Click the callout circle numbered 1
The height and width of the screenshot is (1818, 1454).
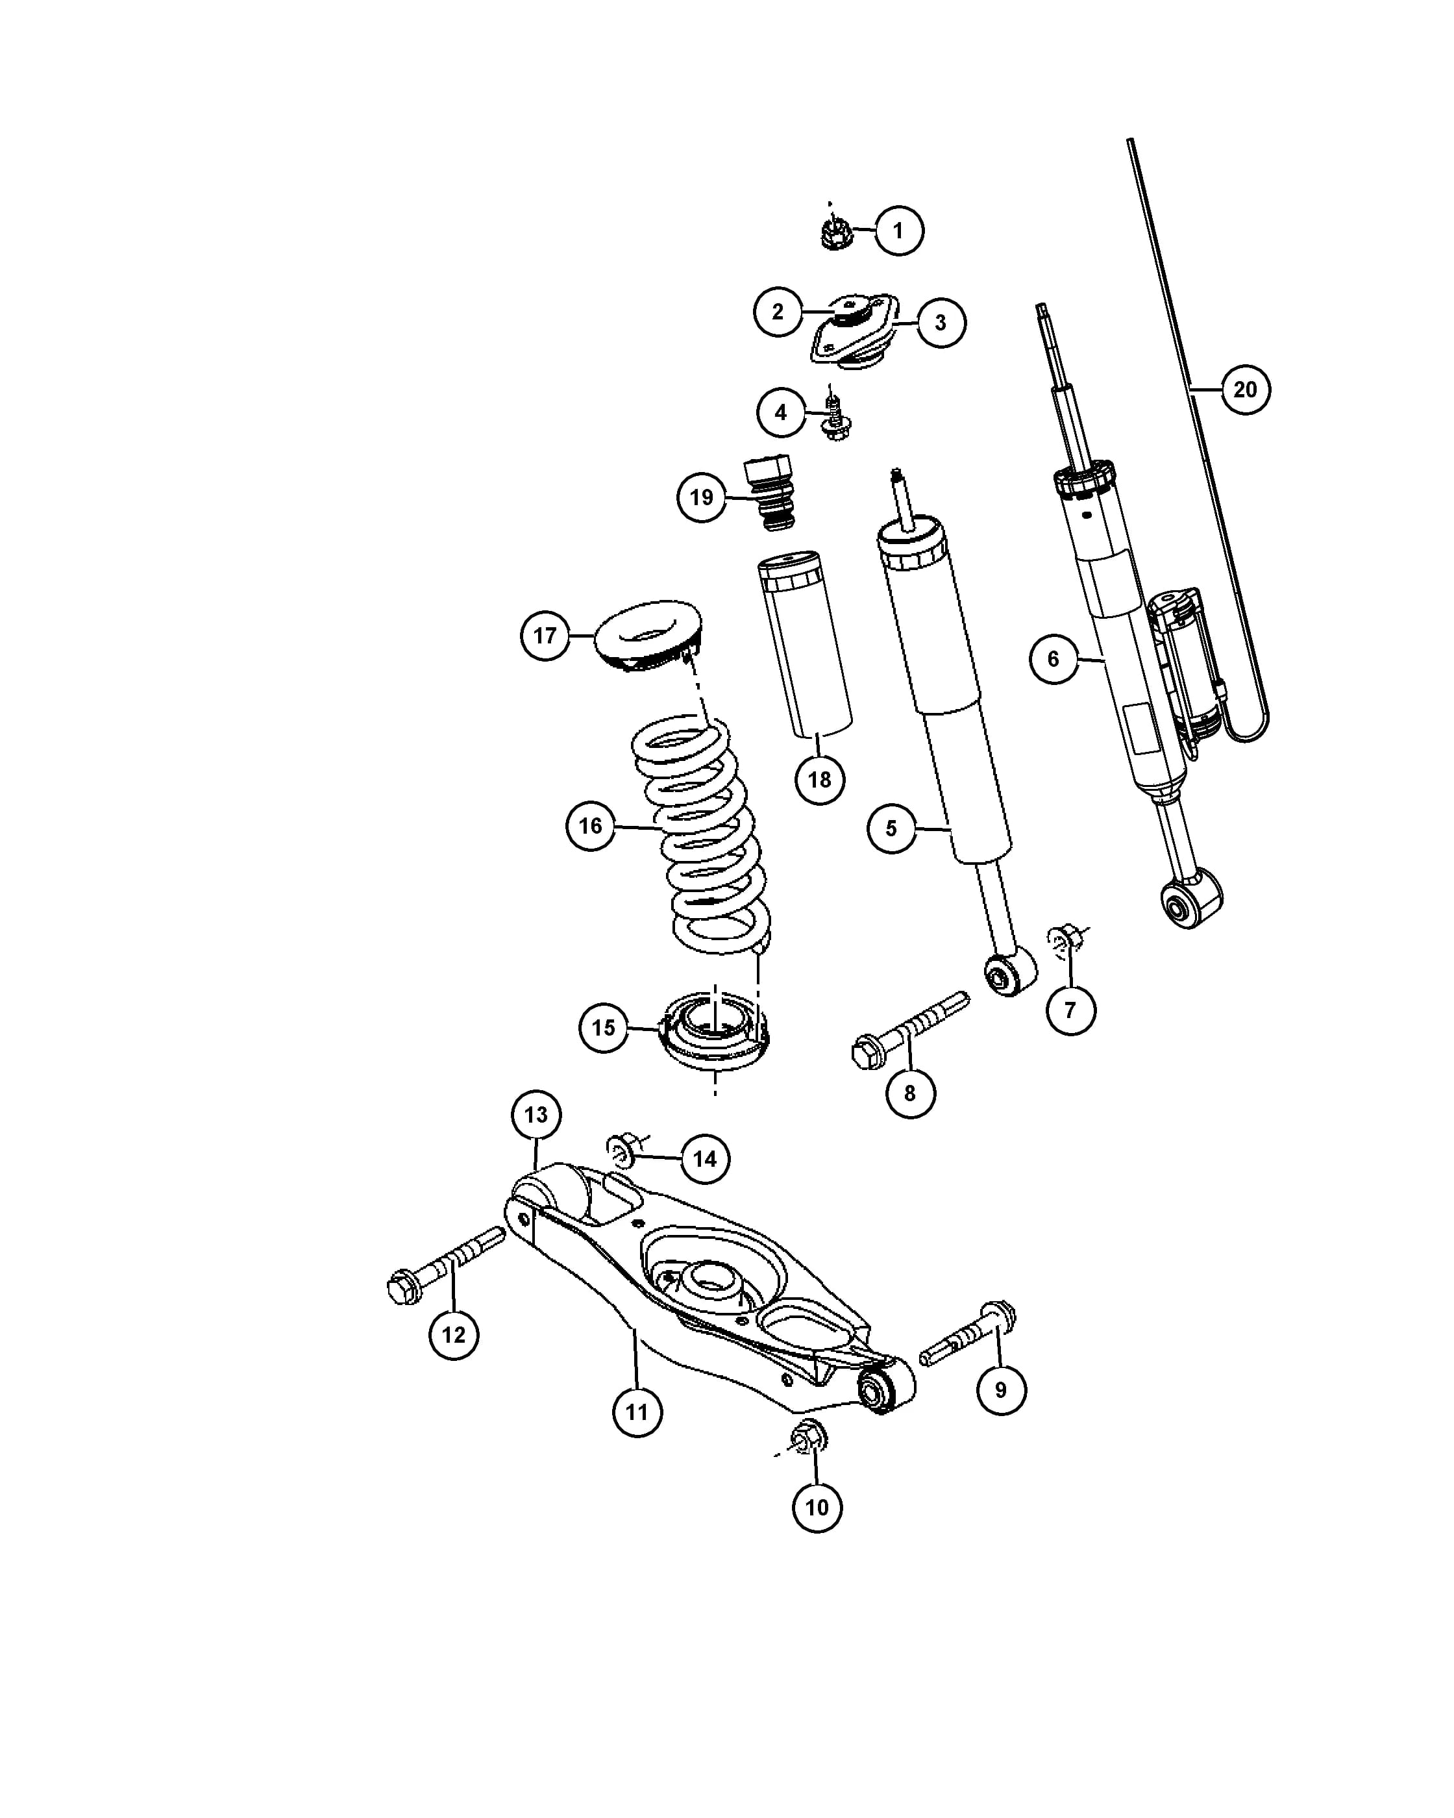(898, 230)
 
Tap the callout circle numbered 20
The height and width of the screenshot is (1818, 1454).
(1245, 389)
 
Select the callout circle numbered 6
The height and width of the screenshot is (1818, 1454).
(1054, 658)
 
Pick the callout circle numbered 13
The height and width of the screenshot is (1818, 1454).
(536, 1115)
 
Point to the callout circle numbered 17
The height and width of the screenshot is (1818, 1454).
(545, 635)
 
